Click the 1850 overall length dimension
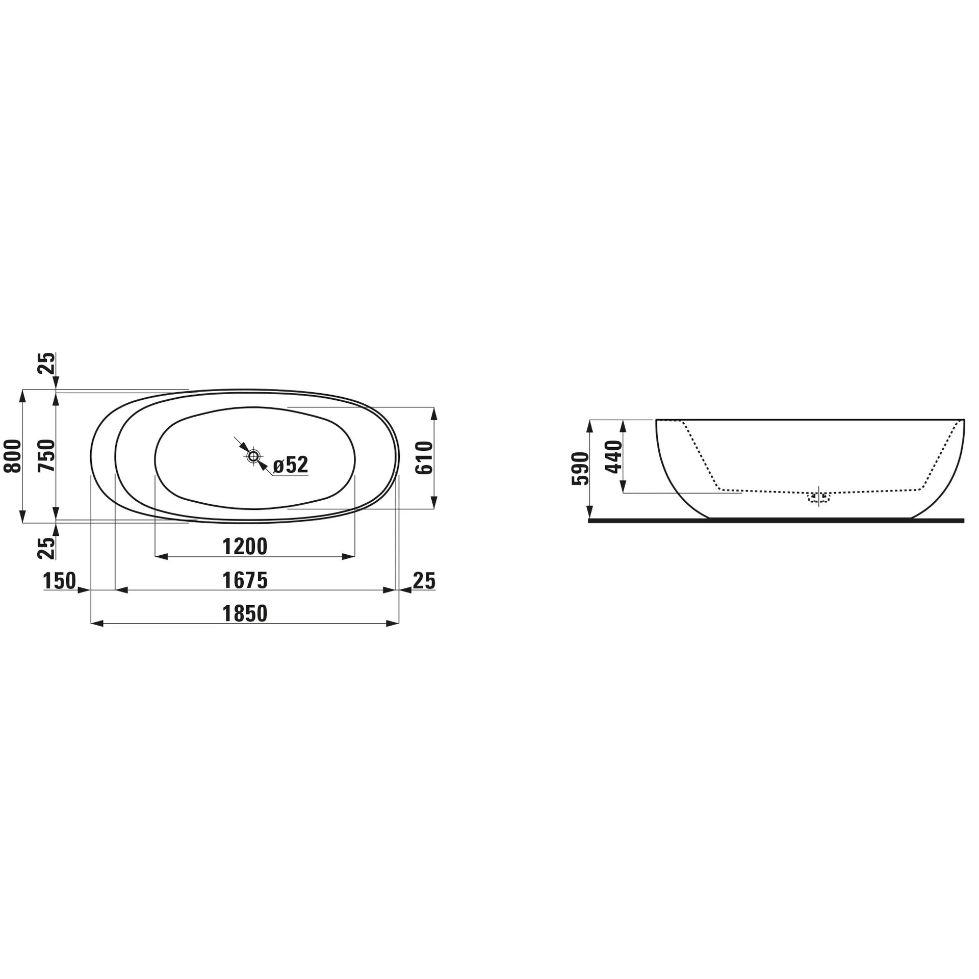click(x=245, y=614)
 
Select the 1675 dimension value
click(x=245, y=581)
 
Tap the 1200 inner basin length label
click(x=245, y=547)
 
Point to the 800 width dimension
click(x=13, y=456)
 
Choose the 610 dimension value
click(x=424, y=458)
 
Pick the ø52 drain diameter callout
click(x=291, y=465)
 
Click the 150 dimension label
click(x=60, y=581)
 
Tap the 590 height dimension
click(x=580, y=469)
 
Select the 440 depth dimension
click(x=614, y=457)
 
